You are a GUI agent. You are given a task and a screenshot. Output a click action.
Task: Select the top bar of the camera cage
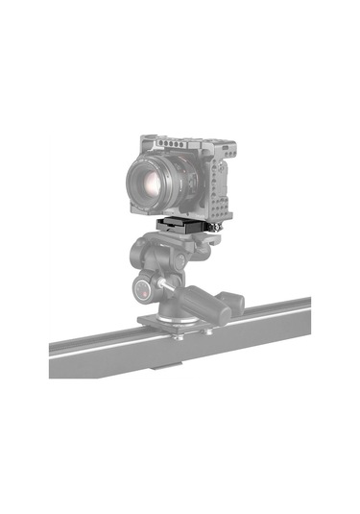click(178, 142)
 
